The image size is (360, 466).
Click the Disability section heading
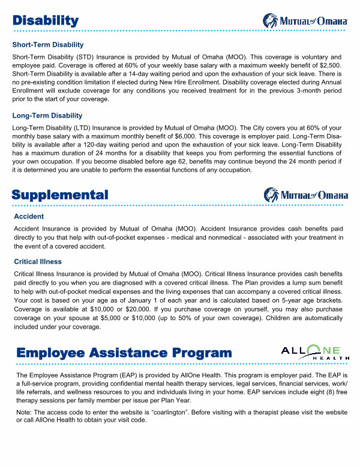[x=46, y=21]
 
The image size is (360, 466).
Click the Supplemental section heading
[x=60, y=195]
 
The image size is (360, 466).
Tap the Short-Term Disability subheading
[x=48, y=45]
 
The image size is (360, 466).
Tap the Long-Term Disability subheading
[x=47, y=115]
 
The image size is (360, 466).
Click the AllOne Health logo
[x=315, y=353]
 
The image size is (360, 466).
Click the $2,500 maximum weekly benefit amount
[x=329, y=65]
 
